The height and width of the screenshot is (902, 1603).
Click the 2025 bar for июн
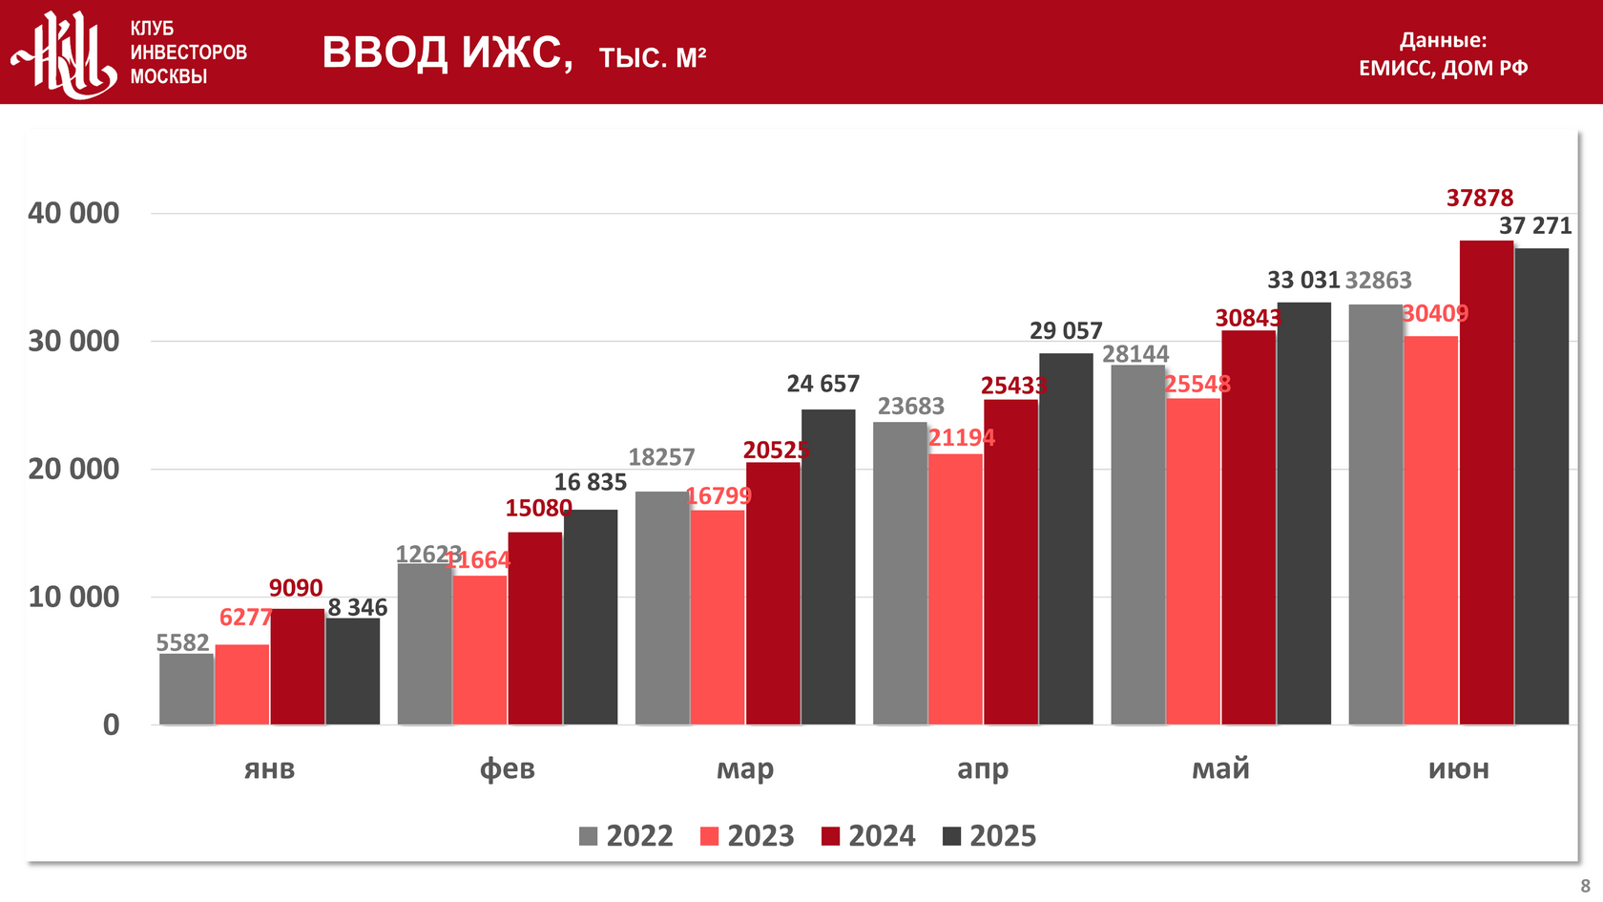[x=1541, y=487]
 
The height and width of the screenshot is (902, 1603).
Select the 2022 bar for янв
[x=186, y=689]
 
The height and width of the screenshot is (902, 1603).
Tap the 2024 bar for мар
[x=773, y=594]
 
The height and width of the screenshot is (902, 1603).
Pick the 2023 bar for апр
[x=955, y=589]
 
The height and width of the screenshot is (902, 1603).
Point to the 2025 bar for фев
[x=591, y=617]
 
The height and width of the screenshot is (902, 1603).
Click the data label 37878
[x=1480, y=199]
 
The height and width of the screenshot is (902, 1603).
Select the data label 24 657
[x=822, y=384]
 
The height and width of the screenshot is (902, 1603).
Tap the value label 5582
[x=182, y=642]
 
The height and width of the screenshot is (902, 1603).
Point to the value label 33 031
[x=1303, y=280]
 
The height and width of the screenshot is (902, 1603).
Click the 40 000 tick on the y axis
[x=73, y=213]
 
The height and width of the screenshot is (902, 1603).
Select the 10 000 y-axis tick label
[x=73, y=597]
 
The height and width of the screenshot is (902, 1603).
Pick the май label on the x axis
[x=1220, y=768]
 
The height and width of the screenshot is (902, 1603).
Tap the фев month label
[x=507, y=768]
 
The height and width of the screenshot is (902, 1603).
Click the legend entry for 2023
[x=747, y=836]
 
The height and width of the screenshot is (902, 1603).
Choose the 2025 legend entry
[x=989, y=836]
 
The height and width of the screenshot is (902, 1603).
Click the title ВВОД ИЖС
[x=447, y=52]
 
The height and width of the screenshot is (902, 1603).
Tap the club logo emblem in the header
[x=64, y=53]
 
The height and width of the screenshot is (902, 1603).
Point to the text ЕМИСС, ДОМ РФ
[x=1443, y=68]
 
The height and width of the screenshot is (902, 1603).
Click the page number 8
[x=1585, y=886]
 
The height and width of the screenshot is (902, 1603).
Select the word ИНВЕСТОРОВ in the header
[x=188, y=52]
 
